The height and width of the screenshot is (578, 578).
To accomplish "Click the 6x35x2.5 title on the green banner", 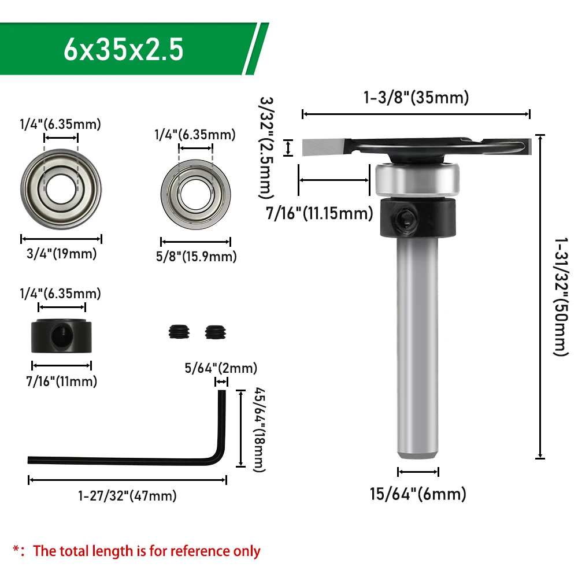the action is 123,49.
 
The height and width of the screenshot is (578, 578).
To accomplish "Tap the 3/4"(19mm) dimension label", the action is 62,254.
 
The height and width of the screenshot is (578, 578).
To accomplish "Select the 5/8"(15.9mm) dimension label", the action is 196,257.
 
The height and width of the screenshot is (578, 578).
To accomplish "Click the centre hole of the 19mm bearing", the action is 61,189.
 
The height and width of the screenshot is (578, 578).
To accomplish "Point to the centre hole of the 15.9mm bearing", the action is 196,194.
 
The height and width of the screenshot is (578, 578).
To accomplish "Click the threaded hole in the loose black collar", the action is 60,335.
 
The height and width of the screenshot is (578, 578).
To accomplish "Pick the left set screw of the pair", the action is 179,332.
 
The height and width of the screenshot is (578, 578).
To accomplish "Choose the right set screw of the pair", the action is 216,332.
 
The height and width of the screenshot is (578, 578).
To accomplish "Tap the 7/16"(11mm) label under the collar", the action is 62,381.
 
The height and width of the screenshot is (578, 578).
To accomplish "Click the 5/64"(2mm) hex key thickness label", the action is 221,368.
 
